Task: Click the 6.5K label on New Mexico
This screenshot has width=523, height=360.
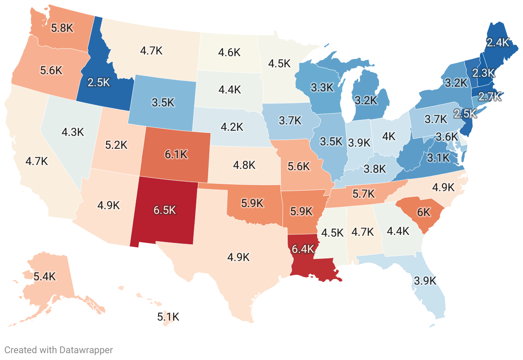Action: (x=165, y=210)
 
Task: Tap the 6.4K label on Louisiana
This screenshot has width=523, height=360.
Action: (x=303, y=249)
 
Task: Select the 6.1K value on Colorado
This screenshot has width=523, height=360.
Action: (x=176, y=155)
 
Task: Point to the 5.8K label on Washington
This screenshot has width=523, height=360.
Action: (x=63, y=28)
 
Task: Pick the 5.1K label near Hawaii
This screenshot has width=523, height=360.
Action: (x=168, y=317)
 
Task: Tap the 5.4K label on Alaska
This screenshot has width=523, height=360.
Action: (x=45, y=276)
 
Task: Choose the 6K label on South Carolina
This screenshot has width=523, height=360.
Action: (x=423, y=212)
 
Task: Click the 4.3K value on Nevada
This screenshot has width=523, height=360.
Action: (x=72, y=132)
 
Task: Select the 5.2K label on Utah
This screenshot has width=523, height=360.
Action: (x=116, y=145)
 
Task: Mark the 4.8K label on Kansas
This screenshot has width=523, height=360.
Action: (x=244, y=165)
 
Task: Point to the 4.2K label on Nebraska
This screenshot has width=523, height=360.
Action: (x=232, y=127)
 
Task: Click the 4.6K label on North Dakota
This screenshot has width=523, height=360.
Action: (x=229, y=53)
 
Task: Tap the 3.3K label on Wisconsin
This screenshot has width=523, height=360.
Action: (x=322, y=87)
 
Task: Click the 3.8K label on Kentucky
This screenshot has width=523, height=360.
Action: (x=375, y=168)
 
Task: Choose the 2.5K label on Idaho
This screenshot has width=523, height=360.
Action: (x=99, y=82)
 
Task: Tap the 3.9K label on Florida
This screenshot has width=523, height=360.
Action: (x=425, y=281)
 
